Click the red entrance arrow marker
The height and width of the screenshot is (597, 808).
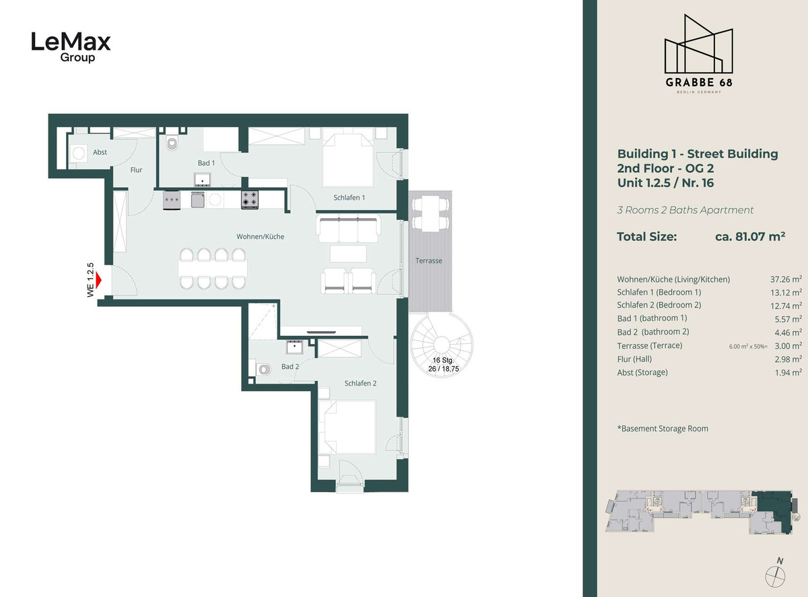98,281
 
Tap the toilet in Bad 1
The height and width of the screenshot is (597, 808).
172,143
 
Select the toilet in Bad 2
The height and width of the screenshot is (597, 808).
264,370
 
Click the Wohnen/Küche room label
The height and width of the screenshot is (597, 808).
260,236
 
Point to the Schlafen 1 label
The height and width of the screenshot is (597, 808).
349,197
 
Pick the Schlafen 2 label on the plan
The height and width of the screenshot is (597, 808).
360,383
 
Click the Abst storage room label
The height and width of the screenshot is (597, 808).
100,152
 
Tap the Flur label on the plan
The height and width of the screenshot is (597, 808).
136,170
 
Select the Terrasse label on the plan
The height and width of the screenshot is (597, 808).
429,260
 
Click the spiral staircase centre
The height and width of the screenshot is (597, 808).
442,345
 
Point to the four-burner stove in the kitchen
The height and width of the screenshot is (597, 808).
250,200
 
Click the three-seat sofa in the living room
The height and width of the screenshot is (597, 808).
349,229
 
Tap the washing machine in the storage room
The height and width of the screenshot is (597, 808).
78,153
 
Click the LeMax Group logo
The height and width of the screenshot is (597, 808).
71,47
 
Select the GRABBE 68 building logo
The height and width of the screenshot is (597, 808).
699,54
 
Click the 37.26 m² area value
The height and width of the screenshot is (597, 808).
786,279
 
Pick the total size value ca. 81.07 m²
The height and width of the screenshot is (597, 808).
750,236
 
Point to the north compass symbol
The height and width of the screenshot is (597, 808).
776,573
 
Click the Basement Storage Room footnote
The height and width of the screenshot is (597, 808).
663,428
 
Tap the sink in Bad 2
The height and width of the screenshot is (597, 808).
294,347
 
